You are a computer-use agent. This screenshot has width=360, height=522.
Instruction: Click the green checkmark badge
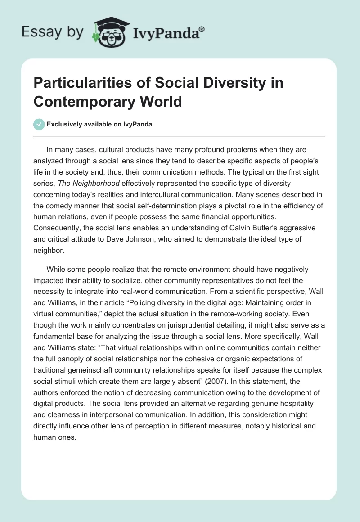pyautogui.click(x=39, y=124)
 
